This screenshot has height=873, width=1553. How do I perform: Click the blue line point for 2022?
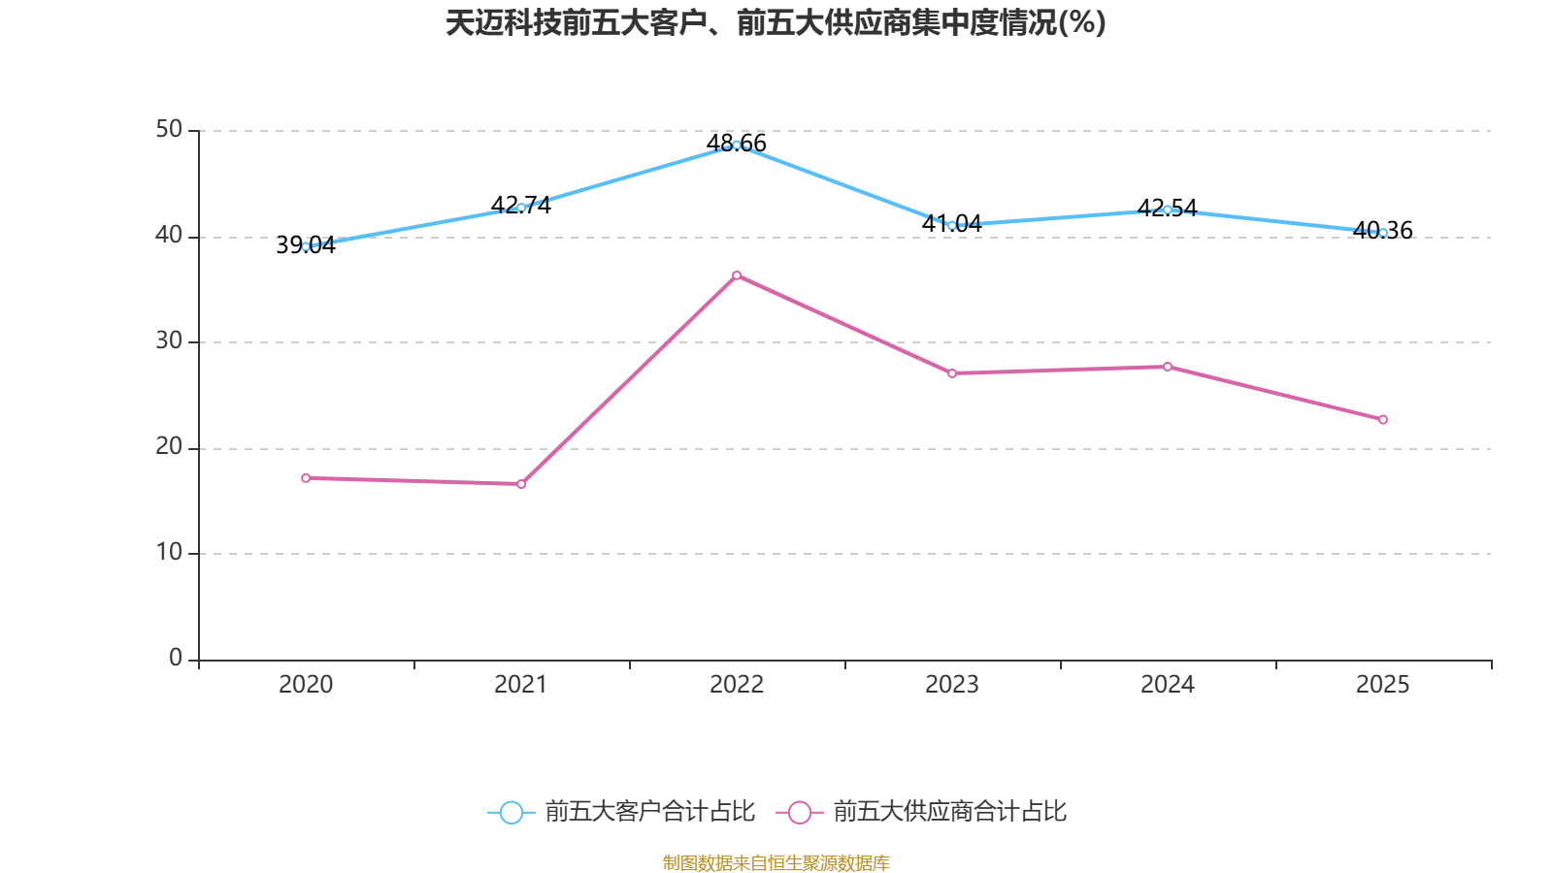[737, 145]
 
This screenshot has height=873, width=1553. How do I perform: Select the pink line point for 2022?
[737, 275]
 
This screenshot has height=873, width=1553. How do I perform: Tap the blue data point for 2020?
[306, 246]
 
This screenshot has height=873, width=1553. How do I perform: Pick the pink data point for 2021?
[521, 484]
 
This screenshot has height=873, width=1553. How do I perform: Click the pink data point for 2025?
[1383, 420]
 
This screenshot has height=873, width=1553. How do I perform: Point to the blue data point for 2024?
[1168, 210]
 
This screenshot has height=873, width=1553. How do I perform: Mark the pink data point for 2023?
[952, 373]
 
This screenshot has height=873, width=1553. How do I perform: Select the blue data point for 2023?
[952, 225]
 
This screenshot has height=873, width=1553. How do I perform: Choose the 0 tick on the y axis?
[176, 659]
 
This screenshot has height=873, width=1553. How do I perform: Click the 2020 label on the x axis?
[306, 685]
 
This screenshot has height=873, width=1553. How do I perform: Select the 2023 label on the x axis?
[952, 685]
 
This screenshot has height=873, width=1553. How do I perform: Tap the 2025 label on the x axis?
[1383, 685]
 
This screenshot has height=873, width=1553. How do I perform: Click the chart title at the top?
[776, 23]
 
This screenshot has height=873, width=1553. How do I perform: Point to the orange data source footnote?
[776, 862]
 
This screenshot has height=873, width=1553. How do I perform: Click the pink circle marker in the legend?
[800, 812]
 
